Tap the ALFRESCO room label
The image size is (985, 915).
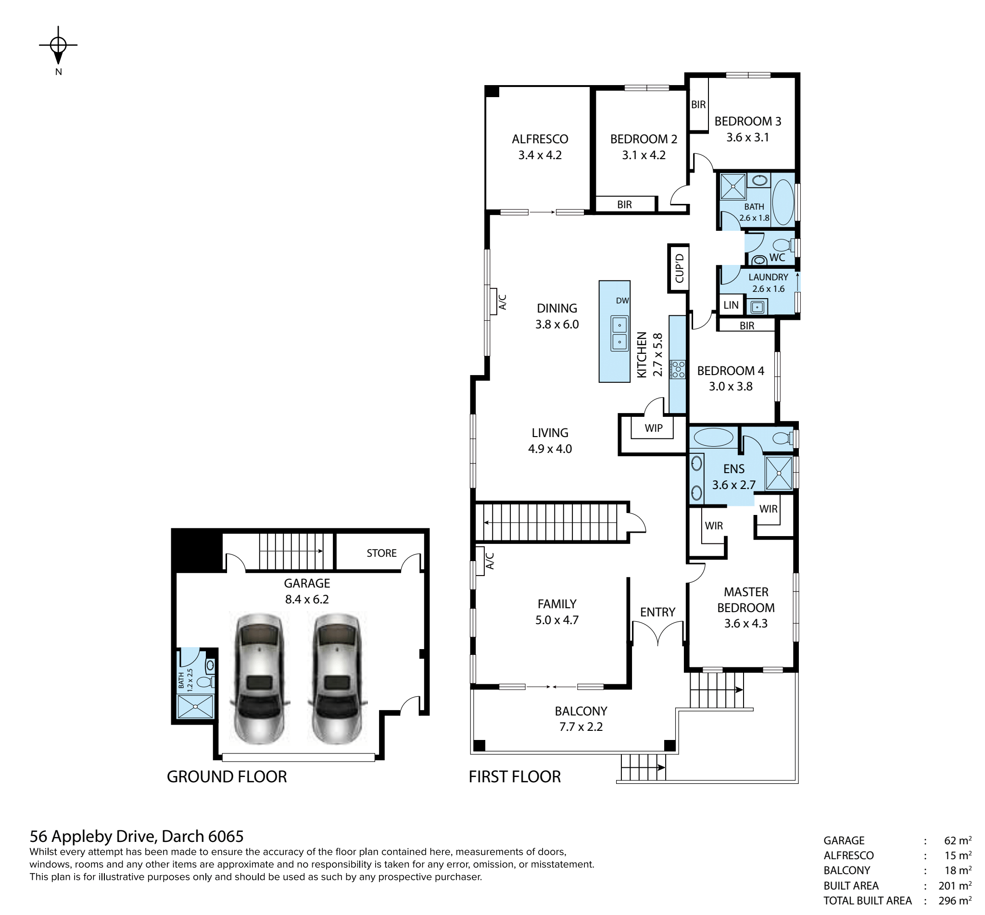540,139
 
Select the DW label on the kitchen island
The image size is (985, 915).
622,301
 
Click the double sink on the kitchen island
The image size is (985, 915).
619,333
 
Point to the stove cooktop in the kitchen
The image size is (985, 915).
678,369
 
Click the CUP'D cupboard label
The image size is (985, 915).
679,268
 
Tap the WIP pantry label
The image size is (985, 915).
653,428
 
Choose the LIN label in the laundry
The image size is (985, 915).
731,305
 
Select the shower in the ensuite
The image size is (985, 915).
779,473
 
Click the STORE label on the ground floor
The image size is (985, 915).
381,553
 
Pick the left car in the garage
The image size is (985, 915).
259,678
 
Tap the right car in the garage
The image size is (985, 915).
337,678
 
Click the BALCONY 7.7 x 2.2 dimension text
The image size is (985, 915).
581,727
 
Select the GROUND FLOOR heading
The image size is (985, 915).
227,777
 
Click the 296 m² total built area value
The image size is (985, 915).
955,900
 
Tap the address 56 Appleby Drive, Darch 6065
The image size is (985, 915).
137,836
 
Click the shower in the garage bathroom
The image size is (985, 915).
196,706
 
